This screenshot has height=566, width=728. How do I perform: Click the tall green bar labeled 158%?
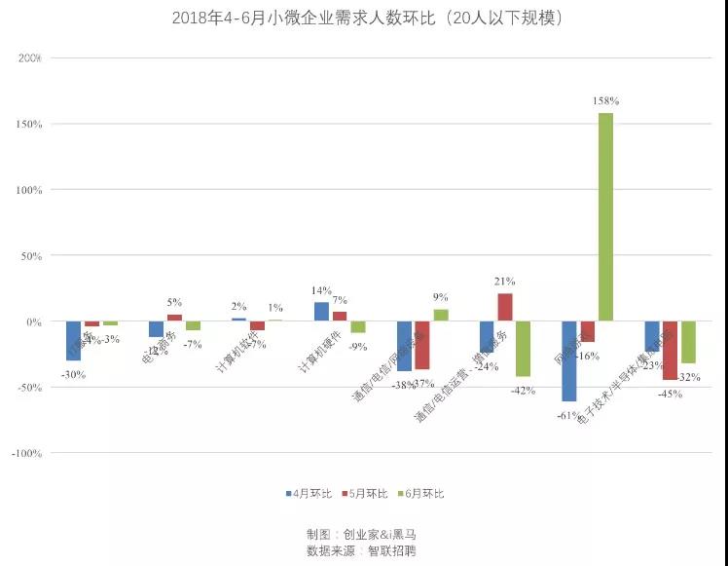pyautogui.click(x=605, y=216)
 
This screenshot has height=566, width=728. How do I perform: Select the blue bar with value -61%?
pyautogui.click(x=568, y=360)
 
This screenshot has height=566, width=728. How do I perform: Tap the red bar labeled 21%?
pyautogui.click(x=504, y=307)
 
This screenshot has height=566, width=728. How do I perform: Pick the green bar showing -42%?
pyautogui.click(x=523, y=349)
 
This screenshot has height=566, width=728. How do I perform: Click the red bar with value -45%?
pyautogui.click(x=671, y=351)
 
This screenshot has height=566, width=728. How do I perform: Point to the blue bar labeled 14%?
pyautogui.click(x=321, y=312)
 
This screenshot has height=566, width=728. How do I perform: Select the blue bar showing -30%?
pyautogui.click(x=73, y=341)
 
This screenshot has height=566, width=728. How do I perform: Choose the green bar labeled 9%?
pyautogui.click(x=441, y=316)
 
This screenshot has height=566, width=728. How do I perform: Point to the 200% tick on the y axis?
pyautogui.click(x=29, y=58)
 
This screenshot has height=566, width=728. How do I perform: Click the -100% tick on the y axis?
pyautogui.click(x=27, y=453)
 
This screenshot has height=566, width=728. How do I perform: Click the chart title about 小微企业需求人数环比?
pyautogui.click(x=365, y=19)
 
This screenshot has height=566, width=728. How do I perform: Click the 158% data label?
pyautogui.click(x=606, y=101)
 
